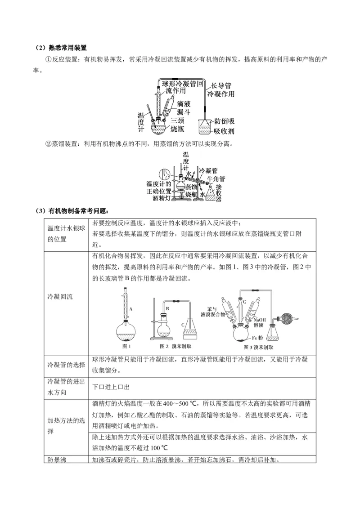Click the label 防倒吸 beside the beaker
(224, 121)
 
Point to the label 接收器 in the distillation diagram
(218, 192)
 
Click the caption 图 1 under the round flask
(127, 346)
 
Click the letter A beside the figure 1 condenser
(130, 309)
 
